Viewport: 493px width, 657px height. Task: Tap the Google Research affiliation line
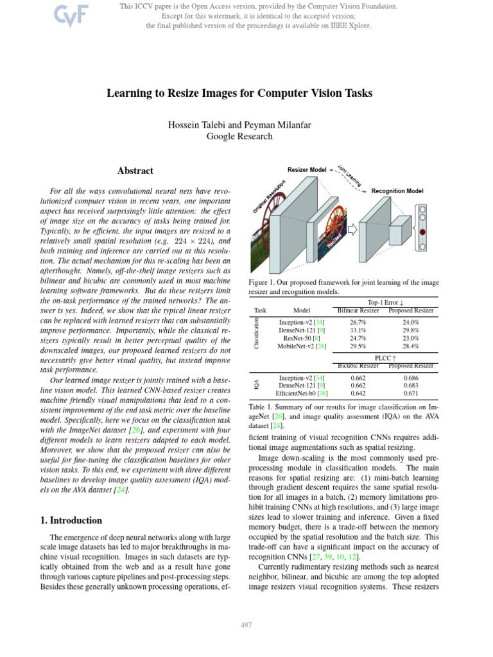tap(239, 136)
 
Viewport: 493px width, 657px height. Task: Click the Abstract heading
tap(135, 171)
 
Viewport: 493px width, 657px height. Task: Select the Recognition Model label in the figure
tap(397, 191)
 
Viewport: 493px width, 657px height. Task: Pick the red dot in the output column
tap(422, 230)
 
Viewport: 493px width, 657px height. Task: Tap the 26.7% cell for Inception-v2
tap(358, 322)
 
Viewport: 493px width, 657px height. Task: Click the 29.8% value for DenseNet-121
tap(411, 330)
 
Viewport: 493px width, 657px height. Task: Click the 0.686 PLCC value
tap(411, 379)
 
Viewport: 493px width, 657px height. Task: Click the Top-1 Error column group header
tap(384, 302)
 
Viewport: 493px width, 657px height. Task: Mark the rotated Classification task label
tap(257, 334)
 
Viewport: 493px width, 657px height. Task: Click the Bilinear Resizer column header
tap(358, 310)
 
